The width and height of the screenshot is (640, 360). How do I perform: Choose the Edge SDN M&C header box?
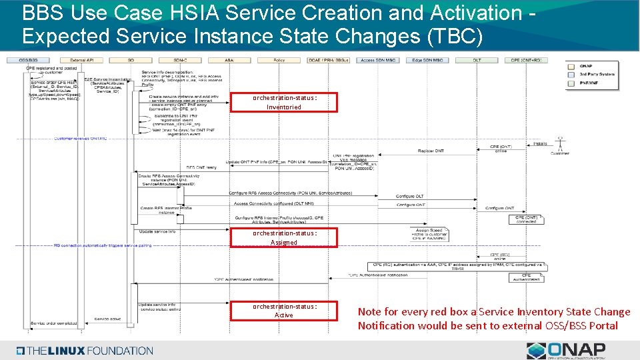tap(427, 61)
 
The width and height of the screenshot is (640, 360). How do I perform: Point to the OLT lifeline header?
tap(477, 61)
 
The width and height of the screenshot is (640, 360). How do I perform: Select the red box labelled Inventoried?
tap(284, 102)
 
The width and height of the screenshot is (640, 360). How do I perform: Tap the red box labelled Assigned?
tap(284, 237)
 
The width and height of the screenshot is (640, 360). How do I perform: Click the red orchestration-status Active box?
tap(284, 311)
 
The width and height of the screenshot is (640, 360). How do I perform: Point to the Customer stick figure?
tap(561, 143)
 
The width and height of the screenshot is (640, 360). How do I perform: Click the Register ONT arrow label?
tap(431, 151)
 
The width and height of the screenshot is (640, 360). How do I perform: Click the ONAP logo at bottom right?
tap(566, 351)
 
